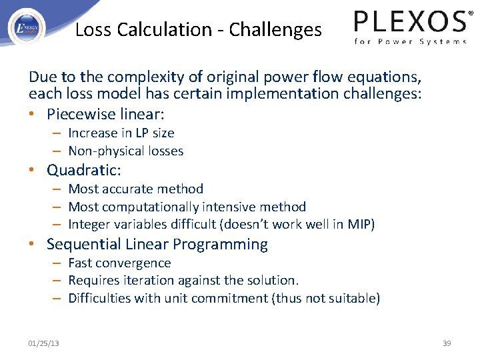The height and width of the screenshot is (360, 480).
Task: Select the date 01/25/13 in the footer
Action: click(43, 343)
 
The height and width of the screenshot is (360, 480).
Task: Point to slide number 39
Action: click(447, 343)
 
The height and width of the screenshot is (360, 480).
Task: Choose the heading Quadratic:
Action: click(83, 171)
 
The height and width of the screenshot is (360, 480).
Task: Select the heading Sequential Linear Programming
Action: click(157, 245)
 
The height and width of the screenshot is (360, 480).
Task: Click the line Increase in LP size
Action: click(121, 133)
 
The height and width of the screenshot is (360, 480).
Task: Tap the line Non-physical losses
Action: click(126, 151)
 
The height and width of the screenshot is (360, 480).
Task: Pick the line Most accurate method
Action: click(136, 189)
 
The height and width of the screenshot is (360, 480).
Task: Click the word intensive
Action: click(221, 207)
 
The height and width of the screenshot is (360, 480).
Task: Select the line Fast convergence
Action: click(120, 263)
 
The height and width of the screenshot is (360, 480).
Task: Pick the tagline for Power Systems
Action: click(410, 41)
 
